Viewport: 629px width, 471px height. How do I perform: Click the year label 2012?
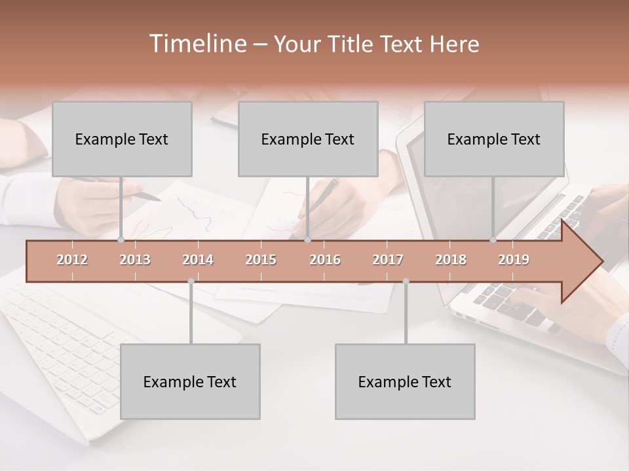(72, 260)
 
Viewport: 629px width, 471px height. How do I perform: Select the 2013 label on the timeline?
(135, 260)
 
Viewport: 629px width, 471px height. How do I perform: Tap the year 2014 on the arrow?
(198, 260)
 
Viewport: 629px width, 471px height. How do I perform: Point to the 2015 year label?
(261, 260)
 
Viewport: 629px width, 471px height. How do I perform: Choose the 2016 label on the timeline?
(325, 260)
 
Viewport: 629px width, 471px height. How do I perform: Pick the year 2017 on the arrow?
(388, 260)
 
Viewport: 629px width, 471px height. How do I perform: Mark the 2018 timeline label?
(451, 260)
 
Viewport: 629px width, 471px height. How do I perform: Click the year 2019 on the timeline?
(514, 260)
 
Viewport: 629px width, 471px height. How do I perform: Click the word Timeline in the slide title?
(196, 44)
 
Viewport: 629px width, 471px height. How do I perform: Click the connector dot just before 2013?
(121, 240)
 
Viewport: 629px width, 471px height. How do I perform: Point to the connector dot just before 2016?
(307, 240)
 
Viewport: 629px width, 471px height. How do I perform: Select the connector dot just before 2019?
(493, 240)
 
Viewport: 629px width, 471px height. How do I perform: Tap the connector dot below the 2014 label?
(191, 281)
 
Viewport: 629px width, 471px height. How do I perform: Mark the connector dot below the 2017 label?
(406, 281)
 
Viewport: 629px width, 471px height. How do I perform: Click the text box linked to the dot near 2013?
(122, 139)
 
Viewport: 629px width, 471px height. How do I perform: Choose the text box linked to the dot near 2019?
(494, 139)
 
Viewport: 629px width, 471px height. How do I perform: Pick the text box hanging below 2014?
(190, 381)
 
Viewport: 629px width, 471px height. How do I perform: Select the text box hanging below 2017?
(405, 381)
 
